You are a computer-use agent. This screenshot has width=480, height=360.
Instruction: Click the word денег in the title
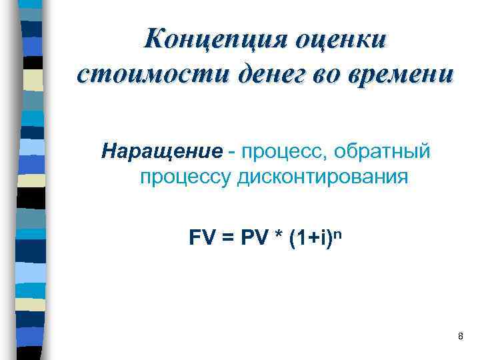tap(260, 73)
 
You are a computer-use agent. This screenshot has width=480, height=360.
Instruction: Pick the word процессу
tap(183, 178)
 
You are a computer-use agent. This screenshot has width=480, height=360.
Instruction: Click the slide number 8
tap(460, 336)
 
